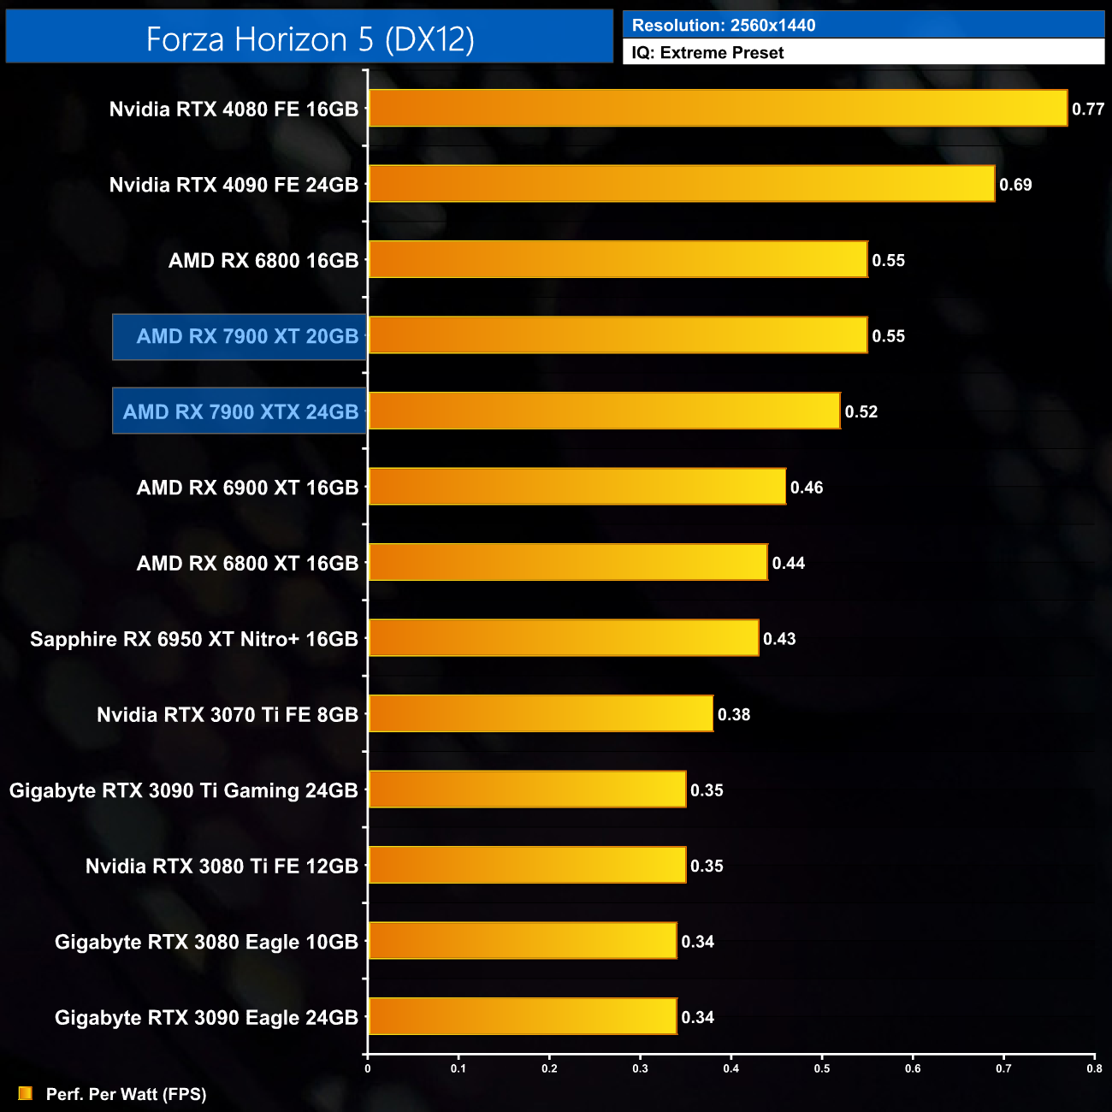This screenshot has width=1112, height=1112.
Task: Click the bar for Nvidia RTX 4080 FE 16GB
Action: [718, 109]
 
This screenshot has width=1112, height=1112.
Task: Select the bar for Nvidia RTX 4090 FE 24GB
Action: [682, 184]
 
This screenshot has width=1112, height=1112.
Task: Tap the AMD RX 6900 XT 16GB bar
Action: [577, 487]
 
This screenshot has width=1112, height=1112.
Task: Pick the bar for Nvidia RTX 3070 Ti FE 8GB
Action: [541, 714]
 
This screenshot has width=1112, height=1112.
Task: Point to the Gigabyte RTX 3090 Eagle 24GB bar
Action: [522, 1017]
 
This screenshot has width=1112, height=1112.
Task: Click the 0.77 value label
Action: [1088, 109]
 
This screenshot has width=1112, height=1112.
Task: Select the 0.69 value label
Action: [1015, 185]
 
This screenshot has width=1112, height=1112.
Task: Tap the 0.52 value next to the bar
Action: [861, 412]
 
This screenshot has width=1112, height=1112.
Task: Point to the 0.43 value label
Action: [779, 639]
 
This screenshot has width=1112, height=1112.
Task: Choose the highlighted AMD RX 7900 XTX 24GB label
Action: [240, 412]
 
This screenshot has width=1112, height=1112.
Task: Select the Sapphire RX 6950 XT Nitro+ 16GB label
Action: [194, 640]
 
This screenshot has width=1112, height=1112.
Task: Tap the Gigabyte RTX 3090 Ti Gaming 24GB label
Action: [183, 791]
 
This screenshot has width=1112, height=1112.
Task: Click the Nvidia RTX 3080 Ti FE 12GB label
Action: [222, 867]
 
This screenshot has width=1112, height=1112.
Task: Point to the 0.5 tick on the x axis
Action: [822, 1068]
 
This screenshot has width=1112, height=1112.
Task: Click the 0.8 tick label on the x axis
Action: [1094, 1068]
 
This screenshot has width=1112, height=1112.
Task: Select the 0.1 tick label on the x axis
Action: [458, 1068]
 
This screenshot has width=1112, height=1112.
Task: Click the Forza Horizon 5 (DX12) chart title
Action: [310, 39]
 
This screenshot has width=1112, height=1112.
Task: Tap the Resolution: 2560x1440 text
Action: [724, 26]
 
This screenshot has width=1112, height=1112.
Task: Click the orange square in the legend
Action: [26, 1093]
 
